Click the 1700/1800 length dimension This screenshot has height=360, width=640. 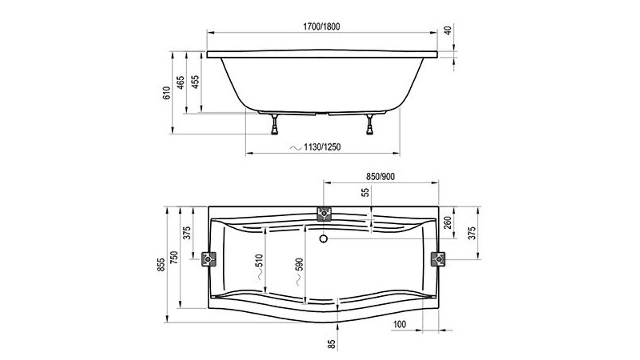coord(321,26)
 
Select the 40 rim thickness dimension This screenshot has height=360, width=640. coord(448,30)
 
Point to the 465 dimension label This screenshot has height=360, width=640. coord(180,82)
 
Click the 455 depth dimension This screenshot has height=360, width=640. coord(196,82)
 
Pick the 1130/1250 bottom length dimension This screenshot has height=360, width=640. coord(322,147)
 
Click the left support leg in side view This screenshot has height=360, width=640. coord(275,124)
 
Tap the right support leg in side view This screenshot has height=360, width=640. coord(370,124)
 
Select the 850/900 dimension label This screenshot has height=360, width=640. coord(380,176)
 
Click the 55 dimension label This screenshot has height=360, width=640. coord(366,192)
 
